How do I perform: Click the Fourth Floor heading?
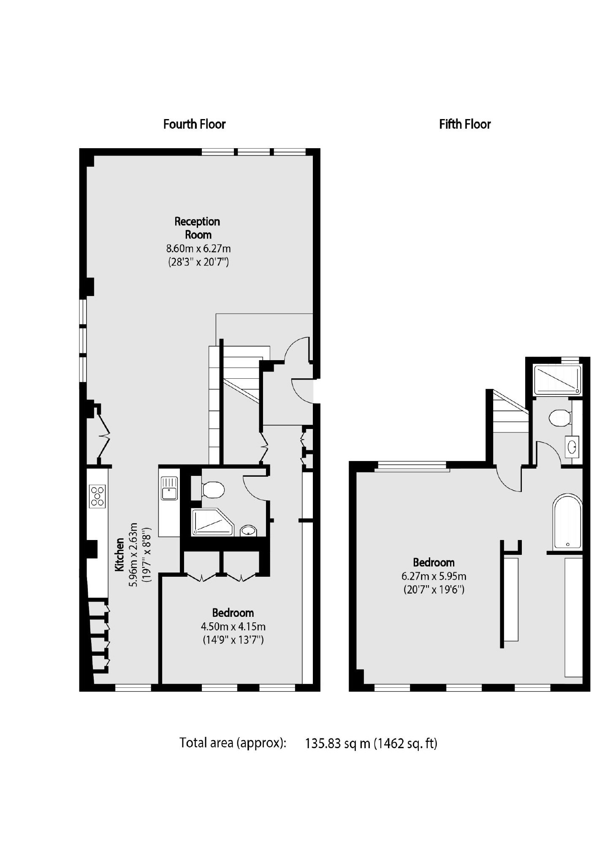tap(194, 124)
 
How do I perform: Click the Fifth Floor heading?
tap(465, 124)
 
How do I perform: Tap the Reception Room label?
tap(198, 228)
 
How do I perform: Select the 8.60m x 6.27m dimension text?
tap(198, 248)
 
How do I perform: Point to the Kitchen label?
tap(119, 555)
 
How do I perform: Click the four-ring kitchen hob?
tap(98, 497)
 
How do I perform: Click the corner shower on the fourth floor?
tap(212, 522)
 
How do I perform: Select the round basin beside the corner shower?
tap(249, 530)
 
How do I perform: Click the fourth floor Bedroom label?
tap(233, 613)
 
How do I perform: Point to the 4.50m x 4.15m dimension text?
tap(234, 627)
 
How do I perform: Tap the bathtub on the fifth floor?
tap(567, 522)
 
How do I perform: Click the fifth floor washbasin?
tap(572, 446)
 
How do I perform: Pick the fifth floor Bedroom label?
tap(434, 562)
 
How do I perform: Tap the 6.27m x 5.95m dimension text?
tap(434, 576)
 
